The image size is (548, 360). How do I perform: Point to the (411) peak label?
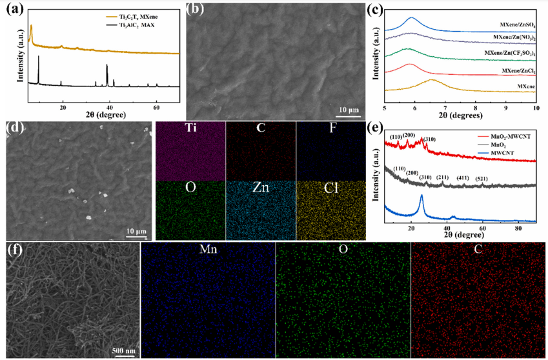click(463, 177)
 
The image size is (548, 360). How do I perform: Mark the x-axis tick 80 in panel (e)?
click(518, 228)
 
